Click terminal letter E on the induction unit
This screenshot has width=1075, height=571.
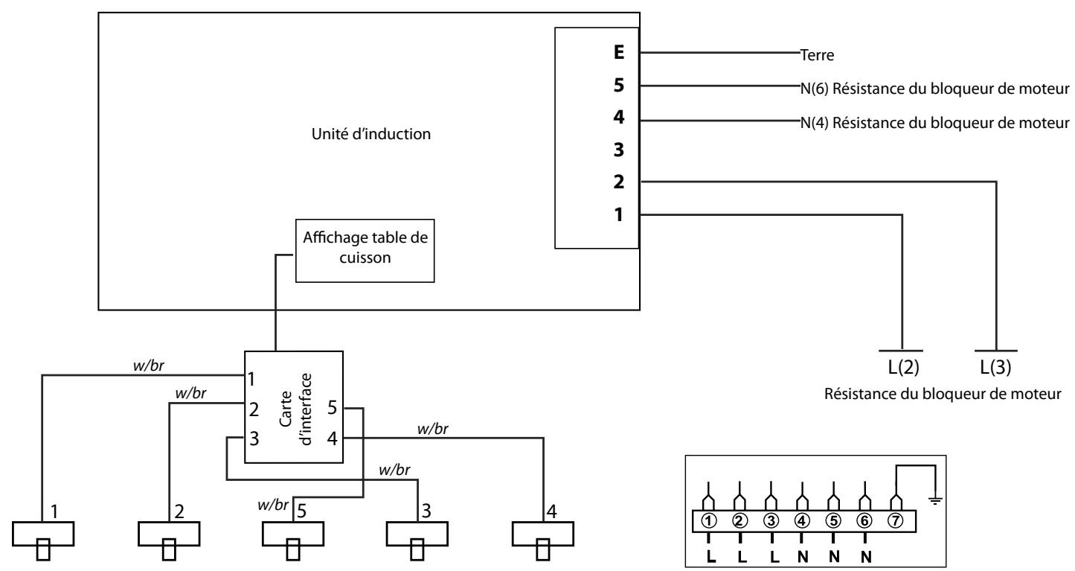(x=619, y=54)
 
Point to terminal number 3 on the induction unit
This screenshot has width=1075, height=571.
(x=619, y=150)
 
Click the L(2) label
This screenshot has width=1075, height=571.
(x=901, y=369)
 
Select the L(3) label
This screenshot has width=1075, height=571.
(x=995, y=369)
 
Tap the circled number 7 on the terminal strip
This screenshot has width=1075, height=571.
(x=895, y=498)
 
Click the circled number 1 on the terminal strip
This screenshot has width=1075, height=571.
(x=707, y=498)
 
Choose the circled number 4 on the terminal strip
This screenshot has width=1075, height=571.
(x=801, y=498)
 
